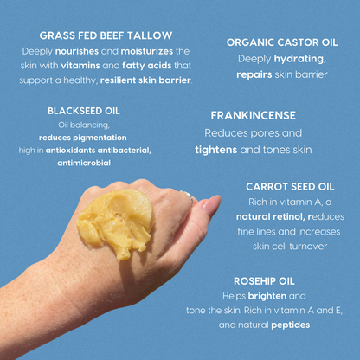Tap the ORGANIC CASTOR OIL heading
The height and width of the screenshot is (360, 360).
click(281, 41)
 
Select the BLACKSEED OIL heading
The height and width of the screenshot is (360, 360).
click(83, 111)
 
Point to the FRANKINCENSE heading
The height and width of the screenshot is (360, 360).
click(253, 115)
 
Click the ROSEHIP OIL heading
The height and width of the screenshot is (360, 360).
click(265, 280)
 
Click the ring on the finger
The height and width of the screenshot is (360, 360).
click(190, 198)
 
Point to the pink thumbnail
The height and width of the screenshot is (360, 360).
click(209, 205)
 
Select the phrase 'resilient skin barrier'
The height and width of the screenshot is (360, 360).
click(145, 80)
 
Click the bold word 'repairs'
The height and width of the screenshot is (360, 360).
click(254, 74)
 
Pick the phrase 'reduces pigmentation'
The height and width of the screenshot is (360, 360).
click(83, 137)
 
